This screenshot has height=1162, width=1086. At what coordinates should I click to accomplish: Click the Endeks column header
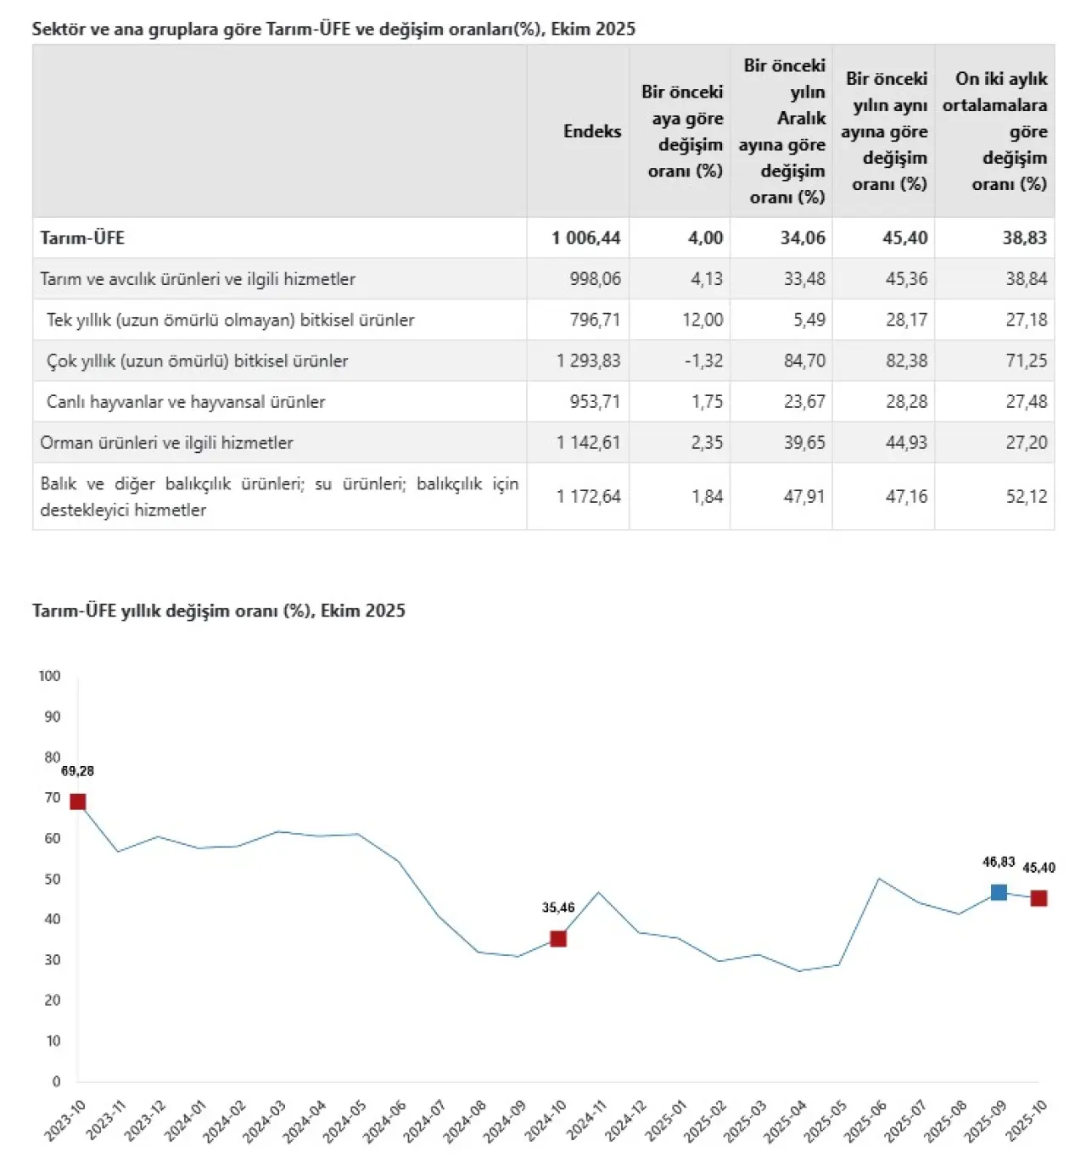(591, 131)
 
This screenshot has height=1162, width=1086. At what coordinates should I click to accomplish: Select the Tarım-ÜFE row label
(82, 238)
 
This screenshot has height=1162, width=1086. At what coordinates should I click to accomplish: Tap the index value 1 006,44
(585, 238)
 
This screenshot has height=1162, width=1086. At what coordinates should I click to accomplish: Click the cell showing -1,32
(703, 361)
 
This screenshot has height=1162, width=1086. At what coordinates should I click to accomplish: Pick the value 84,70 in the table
(803, 361)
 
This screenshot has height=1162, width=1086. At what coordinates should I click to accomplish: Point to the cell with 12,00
(703, 321)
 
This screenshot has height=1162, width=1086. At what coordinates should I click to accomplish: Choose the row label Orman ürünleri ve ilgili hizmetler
(166, 443)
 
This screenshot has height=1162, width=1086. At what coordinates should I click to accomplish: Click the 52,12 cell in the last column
(1026, 497)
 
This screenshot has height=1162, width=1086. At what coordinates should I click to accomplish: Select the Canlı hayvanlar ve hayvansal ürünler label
(186, 402)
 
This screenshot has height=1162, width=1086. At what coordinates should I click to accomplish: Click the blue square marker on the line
(999, 892)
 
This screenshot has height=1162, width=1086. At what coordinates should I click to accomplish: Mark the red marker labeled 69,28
(77, 802)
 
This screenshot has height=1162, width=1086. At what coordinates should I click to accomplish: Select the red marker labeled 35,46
(558, 939)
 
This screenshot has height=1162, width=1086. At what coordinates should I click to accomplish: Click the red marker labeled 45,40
(1038, 898)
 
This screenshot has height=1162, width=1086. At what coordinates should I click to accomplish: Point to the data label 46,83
(999, 862)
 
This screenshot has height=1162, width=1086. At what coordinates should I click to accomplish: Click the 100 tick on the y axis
(49, 676)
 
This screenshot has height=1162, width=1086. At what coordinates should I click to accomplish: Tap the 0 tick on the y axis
(56, 1081)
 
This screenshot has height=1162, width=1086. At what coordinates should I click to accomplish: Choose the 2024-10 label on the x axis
(546, 1120)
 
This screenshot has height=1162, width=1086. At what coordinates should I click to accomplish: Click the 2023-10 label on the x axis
(65, 1120)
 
